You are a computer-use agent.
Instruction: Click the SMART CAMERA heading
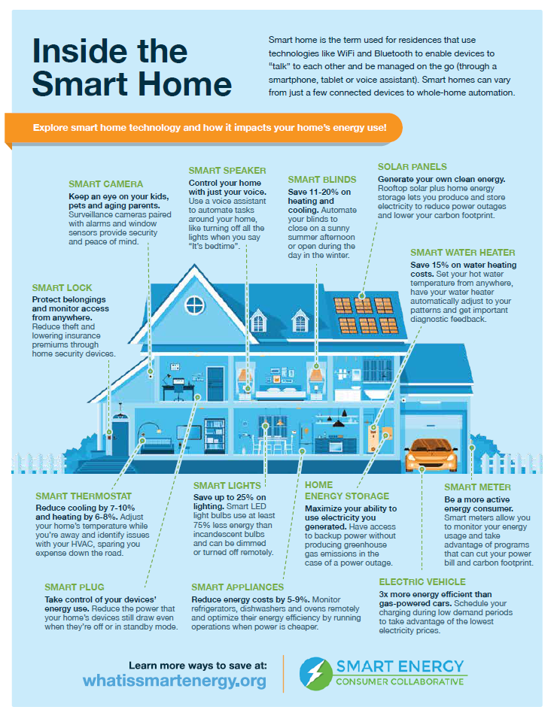105,184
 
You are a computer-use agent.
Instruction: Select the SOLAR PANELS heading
412,167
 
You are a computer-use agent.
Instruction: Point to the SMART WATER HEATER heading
463,253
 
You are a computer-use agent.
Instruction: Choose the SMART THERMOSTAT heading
84,496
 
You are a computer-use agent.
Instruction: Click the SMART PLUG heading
74,587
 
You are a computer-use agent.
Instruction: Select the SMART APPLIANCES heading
237,587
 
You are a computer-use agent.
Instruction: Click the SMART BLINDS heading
321,180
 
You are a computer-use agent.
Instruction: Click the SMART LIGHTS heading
227,486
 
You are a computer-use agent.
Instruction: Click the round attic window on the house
195,305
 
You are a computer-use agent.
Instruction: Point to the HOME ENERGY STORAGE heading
346,490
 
